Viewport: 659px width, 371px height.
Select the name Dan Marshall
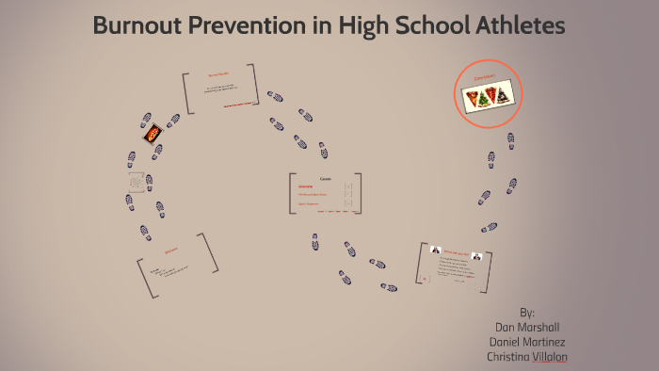(526, 326)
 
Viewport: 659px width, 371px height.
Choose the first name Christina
(506, 357)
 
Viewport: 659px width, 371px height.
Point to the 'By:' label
(526, 311)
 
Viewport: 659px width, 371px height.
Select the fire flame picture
(153, 136)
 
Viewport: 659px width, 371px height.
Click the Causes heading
(326, 178)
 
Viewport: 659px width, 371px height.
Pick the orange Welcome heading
(171, 251)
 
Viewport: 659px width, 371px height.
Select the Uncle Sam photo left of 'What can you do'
(436, 250)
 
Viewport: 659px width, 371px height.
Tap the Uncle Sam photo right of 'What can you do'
(477, 254)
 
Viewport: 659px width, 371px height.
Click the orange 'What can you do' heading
(457, 251)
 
